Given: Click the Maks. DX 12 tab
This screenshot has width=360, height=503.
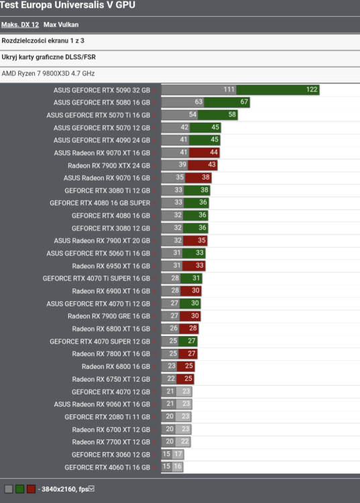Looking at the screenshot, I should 19,25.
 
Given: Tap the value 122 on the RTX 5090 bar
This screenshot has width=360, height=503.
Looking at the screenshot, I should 312,90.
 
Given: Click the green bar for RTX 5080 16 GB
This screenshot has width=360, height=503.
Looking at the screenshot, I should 227,102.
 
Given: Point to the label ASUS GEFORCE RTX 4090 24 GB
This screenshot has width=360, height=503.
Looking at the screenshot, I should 102,140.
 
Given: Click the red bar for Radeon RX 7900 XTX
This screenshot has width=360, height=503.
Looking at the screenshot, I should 202,165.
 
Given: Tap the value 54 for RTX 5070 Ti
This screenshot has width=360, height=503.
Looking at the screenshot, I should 193,115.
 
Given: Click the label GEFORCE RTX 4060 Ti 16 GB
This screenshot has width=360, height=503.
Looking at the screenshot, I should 107,467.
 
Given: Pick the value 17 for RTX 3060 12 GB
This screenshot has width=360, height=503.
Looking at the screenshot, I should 178,455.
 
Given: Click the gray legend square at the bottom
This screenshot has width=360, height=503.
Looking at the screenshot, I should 8,489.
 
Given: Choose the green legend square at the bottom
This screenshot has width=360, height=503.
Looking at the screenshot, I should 19,489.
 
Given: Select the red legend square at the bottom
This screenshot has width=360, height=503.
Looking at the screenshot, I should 31,489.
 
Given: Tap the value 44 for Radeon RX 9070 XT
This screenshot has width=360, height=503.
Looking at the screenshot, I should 214,153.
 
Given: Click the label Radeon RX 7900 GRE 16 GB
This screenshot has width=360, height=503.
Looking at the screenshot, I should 109,317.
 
